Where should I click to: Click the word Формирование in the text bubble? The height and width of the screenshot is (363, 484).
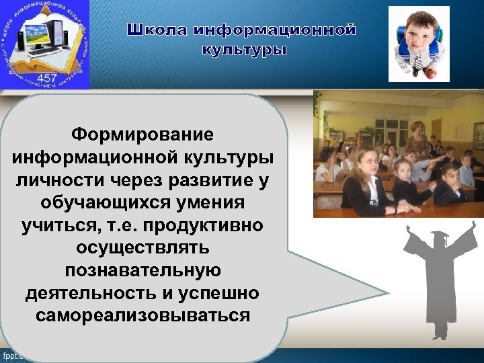[143, 134]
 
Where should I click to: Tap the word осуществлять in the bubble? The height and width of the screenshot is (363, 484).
[143, 247]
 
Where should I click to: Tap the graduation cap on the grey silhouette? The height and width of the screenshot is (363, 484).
[440, 237]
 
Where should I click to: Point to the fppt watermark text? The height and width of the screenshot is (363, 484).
[11, 355]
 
